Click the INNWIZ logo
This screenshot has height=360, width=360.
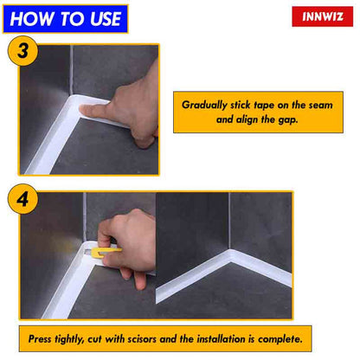tap(321, 16)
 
